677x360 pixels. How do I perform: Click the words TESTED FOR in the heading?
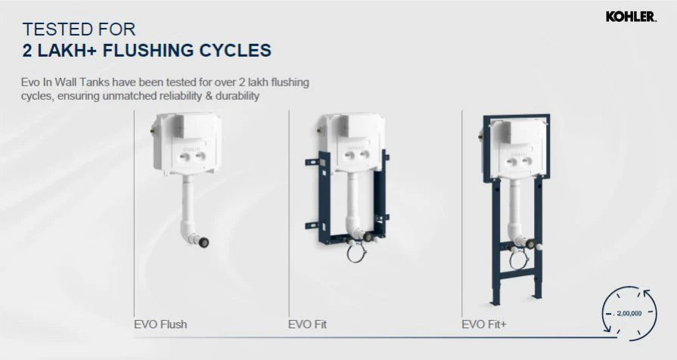79,30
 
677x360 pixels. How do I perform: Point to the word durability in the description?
233,96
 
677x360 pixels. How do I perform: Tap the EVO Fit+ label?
485,324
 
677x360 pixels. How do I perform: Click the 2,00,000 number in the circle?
624,312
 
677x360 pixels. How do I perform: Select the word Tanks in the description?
102,81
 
